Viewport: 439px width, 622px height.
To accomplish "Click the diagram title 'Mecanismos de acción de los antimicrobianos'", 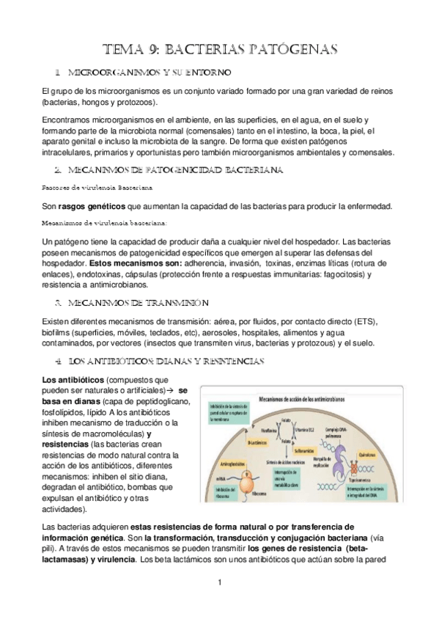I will point(301,399).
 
